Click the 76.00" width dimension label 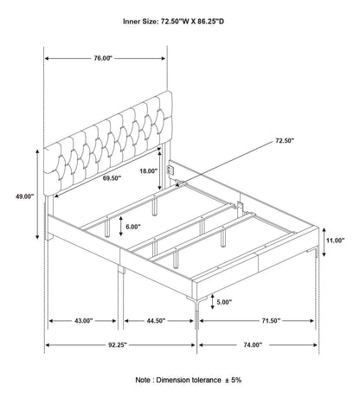pos(103,58)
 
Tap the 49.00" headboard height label pos(25,196)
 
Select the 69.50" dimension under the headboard pos(112,178)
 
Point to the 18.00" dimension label pos(149,171)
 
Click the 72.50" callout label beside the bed pos(285,141)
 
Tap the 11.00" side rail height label pos(336,241)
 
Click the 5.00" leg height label pos(224,302)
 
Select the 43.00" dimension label pos(84,321)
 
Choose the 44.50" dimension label pos(156,321)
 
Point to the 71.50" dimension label pos(271,321)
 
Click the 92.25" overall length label pos(118,345)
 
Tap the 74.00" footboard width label pos(253,345)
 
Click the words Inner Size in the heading pos(140,22)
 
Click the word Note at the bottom pos(143,380)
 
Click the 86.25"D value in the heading pos(210,22)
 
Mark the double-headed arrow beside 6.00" pos(121,226)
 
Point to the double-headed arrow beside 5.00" pos(212,302)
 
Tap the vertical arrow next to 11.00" pos(324,242)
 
